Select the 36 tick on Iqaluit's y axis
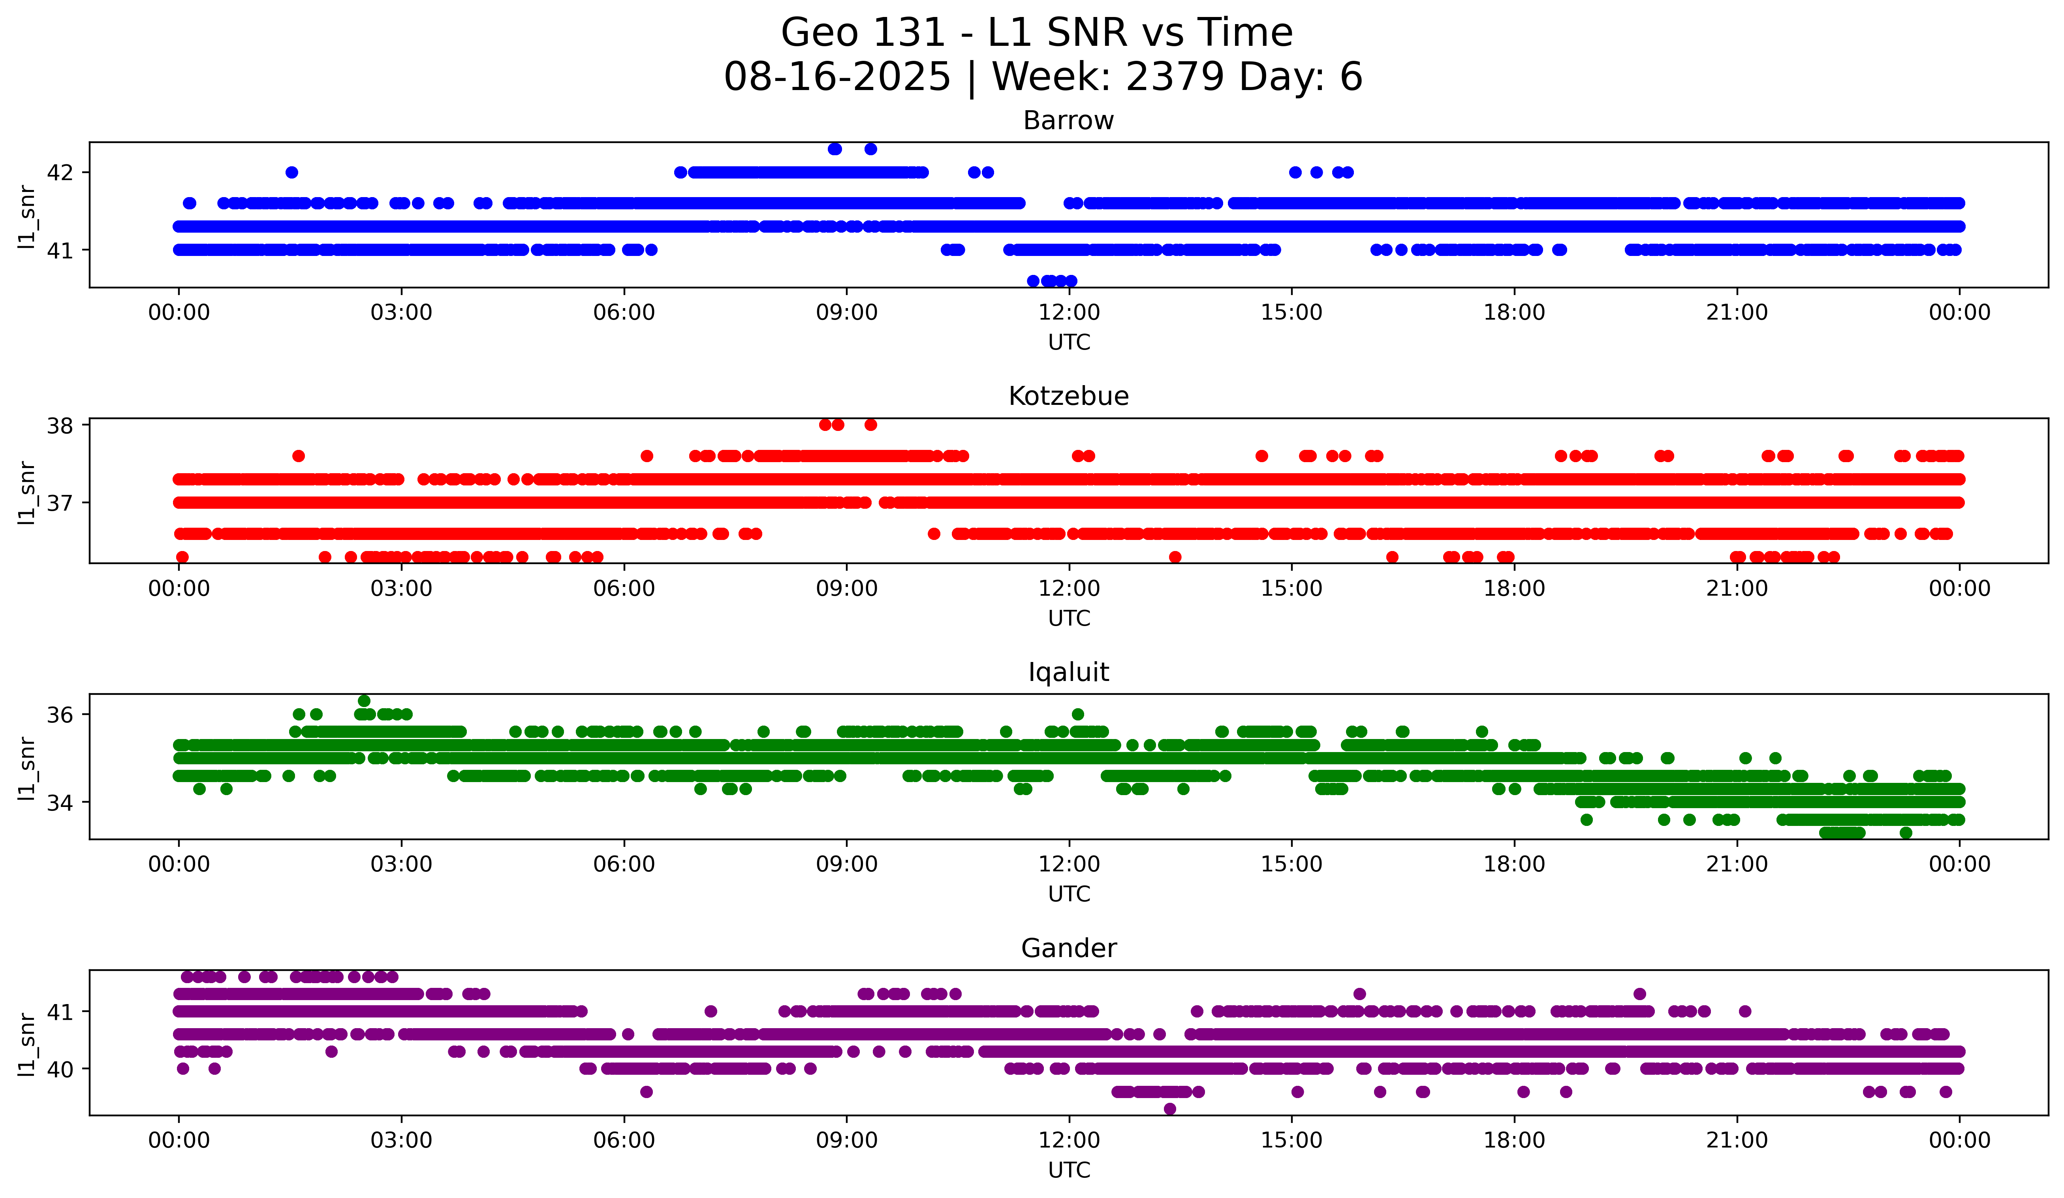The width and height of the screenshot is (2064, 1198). (x=60, y=715)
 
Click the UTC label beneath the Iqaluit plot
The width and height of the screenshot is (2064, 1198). (x=1069, y=894)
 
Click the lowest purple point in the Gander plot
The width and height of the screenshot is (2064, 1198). (x=1169, y=1109)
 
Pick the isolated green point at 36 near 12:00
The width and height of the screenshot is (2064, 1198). (x=1078, y=714)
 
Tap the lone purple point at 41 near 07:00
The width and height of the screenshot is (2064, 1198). (x=711, y=1011)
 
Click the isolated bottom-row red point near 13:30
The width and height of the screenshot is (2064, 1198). (x=1175, y=557)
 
